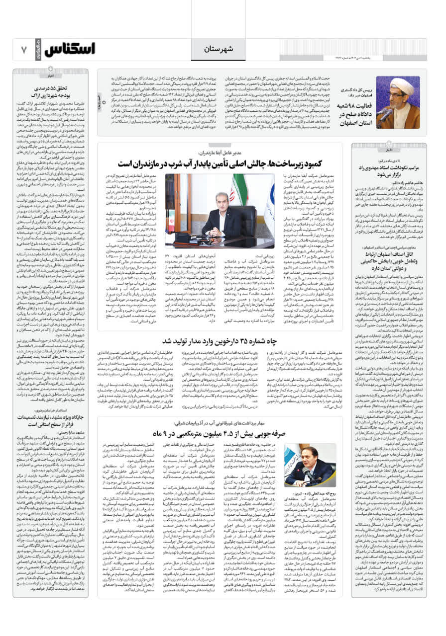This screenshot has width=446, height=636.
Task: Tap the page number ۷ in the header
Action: coord(23,49)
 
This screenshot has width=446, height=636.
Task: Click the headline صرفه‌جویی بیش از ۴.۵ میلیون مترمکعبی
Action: coord(220,433)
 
